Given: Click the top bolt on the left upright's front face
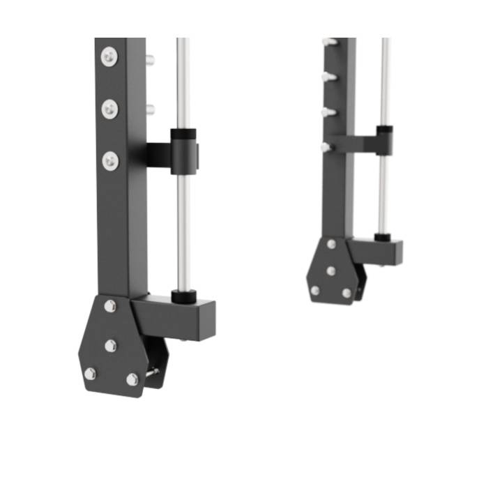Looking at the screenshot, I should [109, 56].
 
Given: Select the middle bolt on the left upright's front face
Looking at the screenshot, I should [109, 108].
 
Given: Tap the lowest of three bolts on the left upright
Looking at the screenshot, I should [110, 160].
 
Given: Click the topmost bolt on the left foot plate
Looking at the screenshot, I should [110, 305].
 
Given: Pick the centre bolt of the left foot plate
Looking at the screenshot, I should [111, 345].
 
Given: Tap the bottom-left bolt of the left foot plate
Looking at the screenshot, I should [90, 373].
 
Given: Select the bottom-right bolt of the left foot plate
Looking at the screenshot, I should [132, 379].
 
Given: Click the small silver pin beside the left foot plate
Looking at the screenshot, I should [152, 372].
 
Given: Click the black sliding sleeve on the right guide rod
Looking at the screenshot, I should [384, 140].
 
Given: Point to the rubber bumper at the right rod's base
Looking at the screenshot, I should [382, 238].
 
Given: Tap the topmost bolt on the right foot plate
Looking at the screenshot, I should [331, 244].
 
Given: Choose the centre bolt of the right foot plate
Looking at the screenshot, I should [331, 271].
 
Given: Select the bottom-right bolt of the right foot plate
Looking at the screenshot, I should [347, 293].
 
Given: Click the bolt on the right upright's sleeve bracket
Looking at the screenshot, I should [325, 147].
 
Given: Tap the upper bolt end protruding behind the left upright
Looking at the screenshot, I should [149, 59].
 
